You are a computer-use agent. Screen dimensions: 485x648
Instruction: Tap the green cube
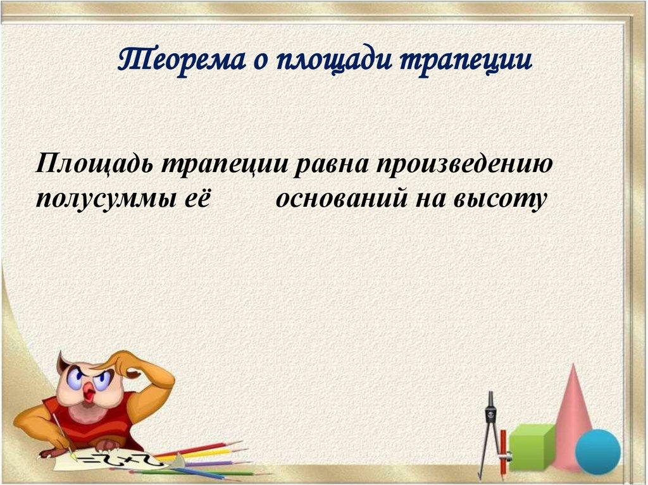[532, 446]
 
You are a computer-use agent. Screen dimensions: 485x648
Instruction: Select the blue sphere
[598, 451]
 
